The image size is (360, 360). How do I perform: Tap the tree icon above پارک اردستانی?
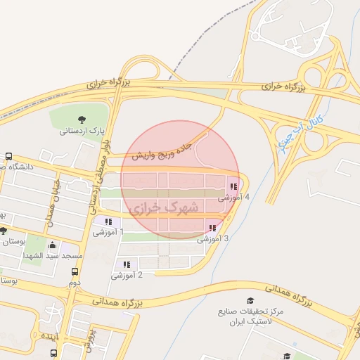[x=83, y=117]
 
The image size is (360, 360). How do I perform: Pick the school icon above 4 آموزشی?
[x=233, y=187]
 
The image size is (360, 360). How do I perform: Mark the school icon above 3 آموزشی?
[x=212, y=228]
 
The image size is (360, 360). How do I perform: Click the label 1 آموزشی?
[x=108, y=231]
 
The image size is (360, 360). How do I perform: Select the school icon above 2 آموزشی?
[x=127, y=264]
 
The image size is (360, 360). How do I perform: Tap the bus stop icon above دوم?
[x=74, y=271]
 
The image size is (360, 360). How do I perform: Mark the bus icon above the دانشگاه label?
[x=8, y=157]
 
